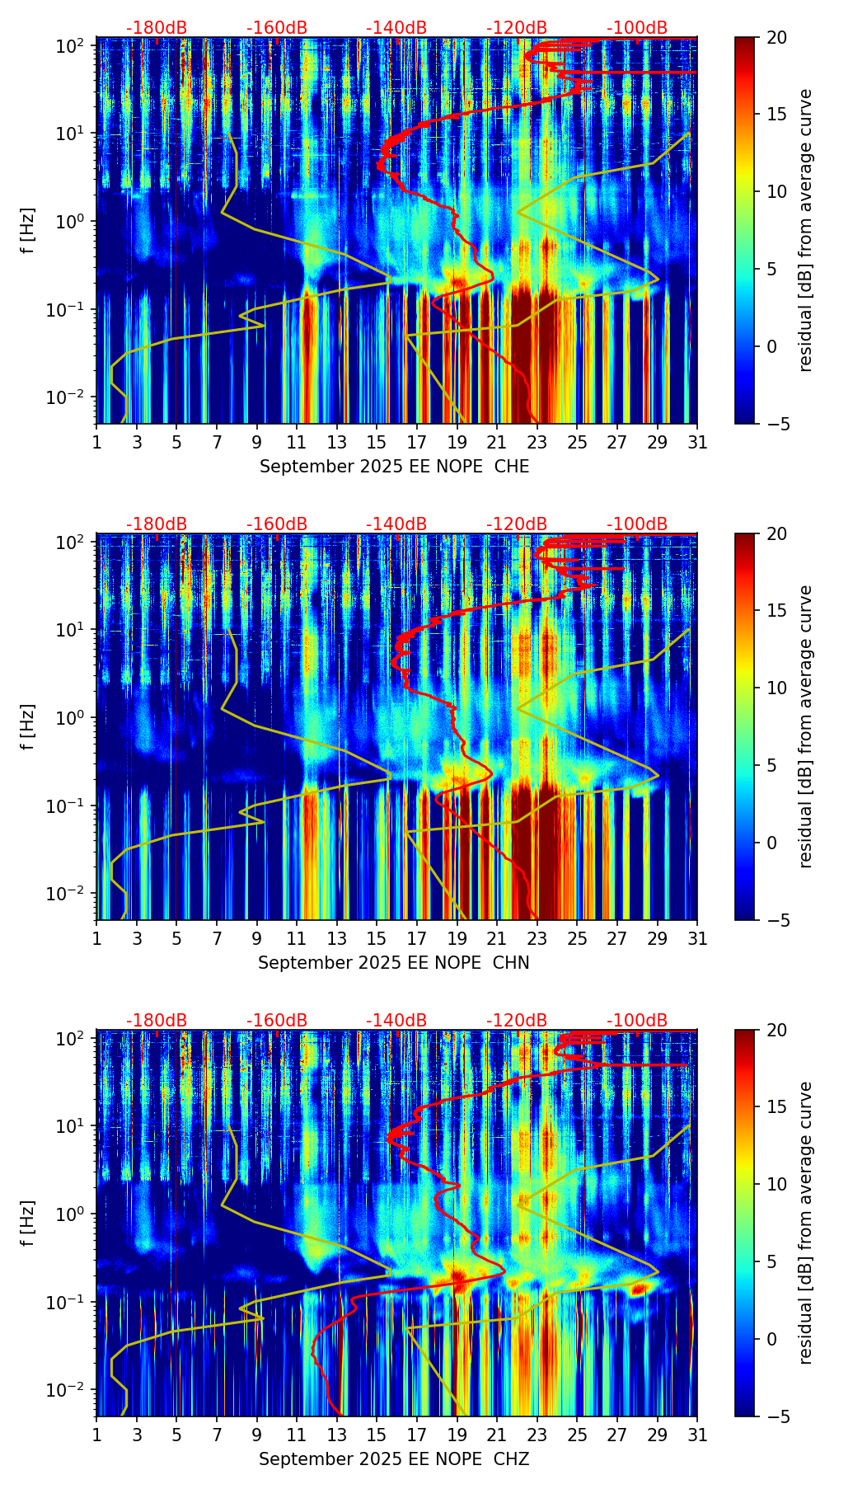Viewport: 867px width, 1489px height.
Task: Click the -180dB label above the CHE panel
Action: pyautogui.click(x=157, y=28)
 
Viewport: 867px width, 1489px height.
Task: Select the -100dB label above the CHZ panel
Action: pyautogui.click(x=637, y=1021)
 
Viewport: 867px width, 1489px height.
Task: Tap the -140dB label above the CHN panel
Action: pyautogui.click(x=396, y=524)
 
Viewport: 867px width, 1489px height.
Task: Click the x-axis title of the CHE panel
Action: pyautogui.click(x=394, y=467)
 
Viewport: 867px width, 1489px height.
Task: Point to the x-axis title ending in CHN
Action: pyautogui.click(x=393, y=963)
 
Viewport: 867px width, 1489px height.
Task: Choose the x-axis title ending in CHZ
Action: pyautogui.click(x=393, y=1459)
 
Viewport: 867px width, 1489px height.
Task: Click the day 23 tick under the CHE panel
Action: pyautogui.click(x=537, y=442)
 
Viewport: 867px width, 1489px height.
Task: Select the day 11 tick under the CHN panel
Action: pyautogui.click(x=297, y=938)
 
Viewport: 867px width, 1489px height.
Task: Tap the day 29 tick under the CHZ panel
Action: pyautogui.click(x=658, y=1435)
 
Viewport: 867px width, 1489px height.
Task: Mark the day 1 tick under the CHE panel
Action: pyautogui.click(x=96, y=442)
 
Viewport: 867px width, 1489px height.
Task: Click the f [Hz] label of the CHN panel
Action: pyautogui.click(x=27, y=726)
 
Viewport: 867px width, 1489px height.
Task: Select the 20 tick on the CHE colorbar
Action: pyautogui.click(x=777, y=37)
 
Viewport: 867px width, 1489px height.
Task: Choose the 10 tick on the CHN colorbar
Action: pyautogui.click(x=777, y=688)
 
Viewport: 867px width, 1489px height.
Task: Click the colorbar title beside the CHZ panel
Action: pyautogui.click(x=805, y=1223)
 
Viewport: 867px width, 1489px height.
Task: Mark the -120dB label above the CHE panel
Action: pyautogui.click(x=517, y=28)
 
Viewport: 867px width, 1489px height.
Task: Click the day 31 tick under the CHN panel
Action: pyautogui.click(x=697, y=938)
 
